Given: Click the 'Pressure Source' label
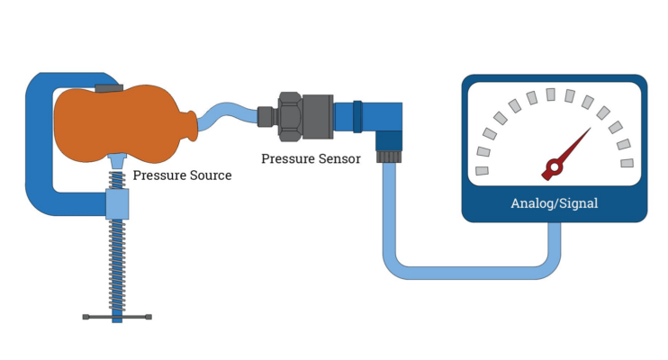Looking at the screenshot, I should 182,175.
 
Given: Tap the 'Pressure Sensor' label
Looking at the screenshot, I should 311,158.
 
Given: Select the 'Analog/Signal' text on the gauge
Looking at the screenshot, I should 554,203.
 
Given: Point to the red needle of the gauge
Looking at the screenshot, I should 573,147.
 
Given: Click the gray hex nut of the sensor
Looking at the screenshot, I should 291,115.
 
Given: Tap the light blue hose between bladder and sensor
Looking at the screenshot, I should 225,115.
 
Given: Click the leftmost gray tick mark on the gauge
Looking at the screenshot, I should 483,170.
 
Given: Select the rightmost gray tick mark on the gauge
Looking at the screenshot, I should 627,163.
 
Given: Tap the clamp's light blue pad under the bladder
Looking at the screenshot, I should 117,160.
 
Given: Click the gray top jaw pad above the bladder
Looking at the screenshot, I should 108,87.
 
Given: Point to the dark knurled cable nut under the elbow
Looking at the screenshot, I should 388,156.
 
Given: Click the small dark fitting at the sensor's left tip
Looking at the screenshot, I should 266,115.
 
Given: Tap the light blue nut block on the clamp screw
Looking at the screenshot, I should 117,204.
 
